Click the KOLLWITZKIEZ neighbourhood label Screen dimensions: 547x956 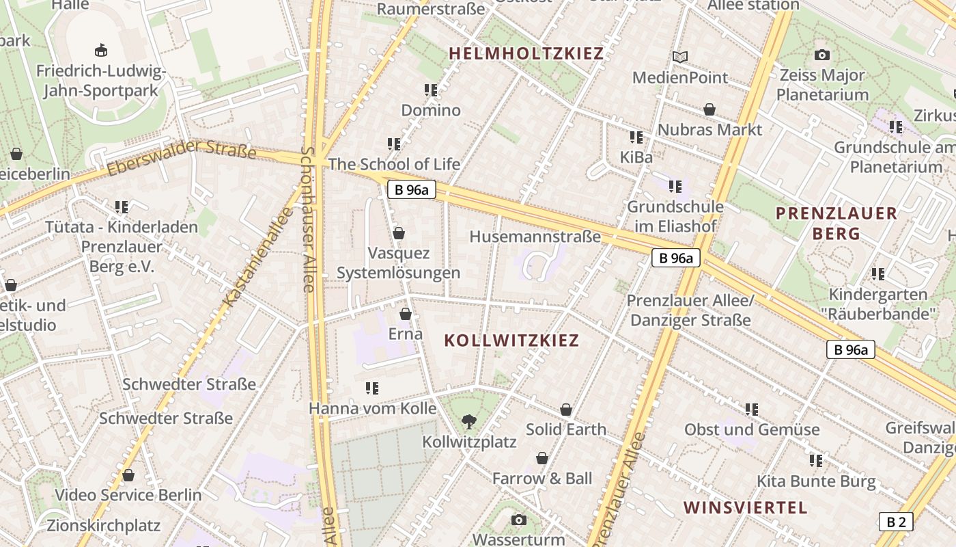(x=511, y=341)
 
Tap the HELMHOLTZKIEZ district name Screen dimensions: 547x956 (x=526, y=53)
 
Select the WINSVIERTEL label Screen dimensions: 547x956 (x=745, y=507)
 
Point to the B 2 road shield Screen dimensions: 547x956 (x=895, y=522)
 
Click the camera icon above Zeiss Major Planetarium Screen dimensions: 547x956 (x=822, y=55)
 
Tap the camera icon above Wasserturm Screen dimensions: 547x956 (x=519, y=520)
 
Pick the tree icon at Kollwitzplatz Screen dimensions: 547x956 (x=469, y=421)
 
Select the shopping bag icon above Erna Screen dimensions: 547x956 (x=406, y=315)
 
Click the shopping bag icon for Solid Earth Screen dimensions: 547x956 (x=566, y=410)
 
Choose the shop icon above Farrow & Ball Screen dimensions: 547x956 (x=542, y=458)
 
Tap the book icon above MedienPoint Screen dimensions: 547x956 (x=680, y=57)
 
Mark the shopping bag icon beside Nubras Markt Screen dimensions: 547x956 (x=709, y=109)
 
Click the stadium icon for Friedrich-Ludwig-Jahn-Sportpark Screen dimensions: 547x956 (x=101, y=50)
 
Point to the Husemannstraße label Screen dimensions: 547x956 (x=535, y=237)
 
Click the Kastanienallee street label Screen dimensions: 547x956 (x=258, y=257)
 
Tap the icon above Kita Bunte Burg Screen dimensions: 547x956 (x=816, y=461)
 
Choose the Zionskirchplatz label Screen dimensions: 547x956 (x=103, y=525)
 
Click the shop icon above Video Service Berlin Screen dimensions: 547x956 (x=128, y=475)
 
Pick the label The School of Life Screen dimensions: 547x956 (x=394, y=164)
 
